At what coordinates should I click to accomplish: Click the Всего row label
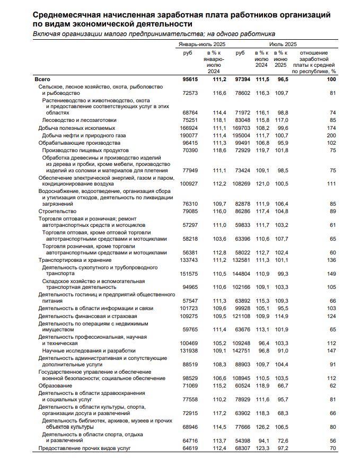tap(42, 79)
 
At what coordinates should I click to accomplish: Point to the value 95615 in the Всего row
tap(190, 79)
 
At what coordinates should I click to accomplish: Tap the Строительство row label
tap(57, 211)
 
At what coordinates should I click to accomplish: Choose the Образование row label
tap(56, 385)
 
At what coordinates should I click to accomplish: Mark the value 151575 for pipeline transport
tap(189, 274)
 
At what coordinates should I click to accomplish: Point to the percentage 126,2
tap(261, 426)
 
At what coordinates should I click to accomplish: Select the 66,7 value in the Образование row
tap(281, 385)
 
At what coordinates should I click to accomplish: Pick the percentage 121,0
tap(261, 183)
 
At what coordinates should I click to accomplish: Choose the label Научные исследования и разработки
tap(81, 351)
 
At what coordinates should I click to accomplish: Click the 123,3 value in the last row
tap(261, 448)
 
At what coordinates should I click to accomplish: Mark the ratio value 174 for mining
tap(332, 128)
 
